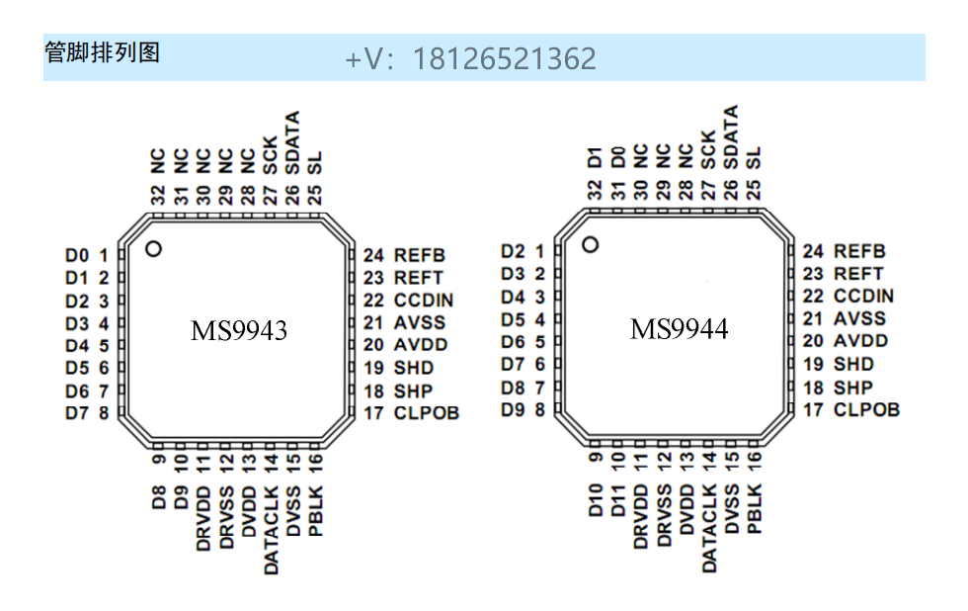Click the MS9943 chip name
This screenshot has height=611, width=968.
tap(239, 331)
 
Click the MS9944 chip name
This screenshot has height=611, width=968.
tap(679, 329)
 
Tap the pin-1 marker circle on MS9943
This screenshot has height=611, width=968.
tap(153, 248)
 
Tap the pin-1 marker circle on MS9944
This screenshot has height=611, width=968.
tap(591, 244)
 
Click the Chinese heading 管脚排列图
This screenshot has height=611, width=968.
tap(102, 52)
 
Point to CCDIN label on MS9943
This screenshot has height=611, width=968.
tap(424, 300)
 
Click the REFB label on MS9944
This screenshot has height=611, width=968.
tap(859, 251)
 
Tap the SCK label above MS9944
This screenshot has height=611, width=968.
tap(708, 150)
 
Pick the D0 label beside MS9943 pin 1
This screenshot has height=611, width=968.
tap(77, 255)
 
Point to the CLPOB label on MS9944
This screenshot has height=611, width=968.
tap(866, 409)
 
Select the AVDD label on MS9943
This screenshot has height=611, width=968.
tap(420, 344)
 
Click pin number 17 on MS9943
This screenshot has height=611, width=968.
tap(372, 412)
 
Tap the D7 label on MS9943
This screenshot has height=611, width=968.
tap(77, 413)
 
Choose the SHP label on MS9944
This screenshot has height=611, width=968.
tap(853, 387)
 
